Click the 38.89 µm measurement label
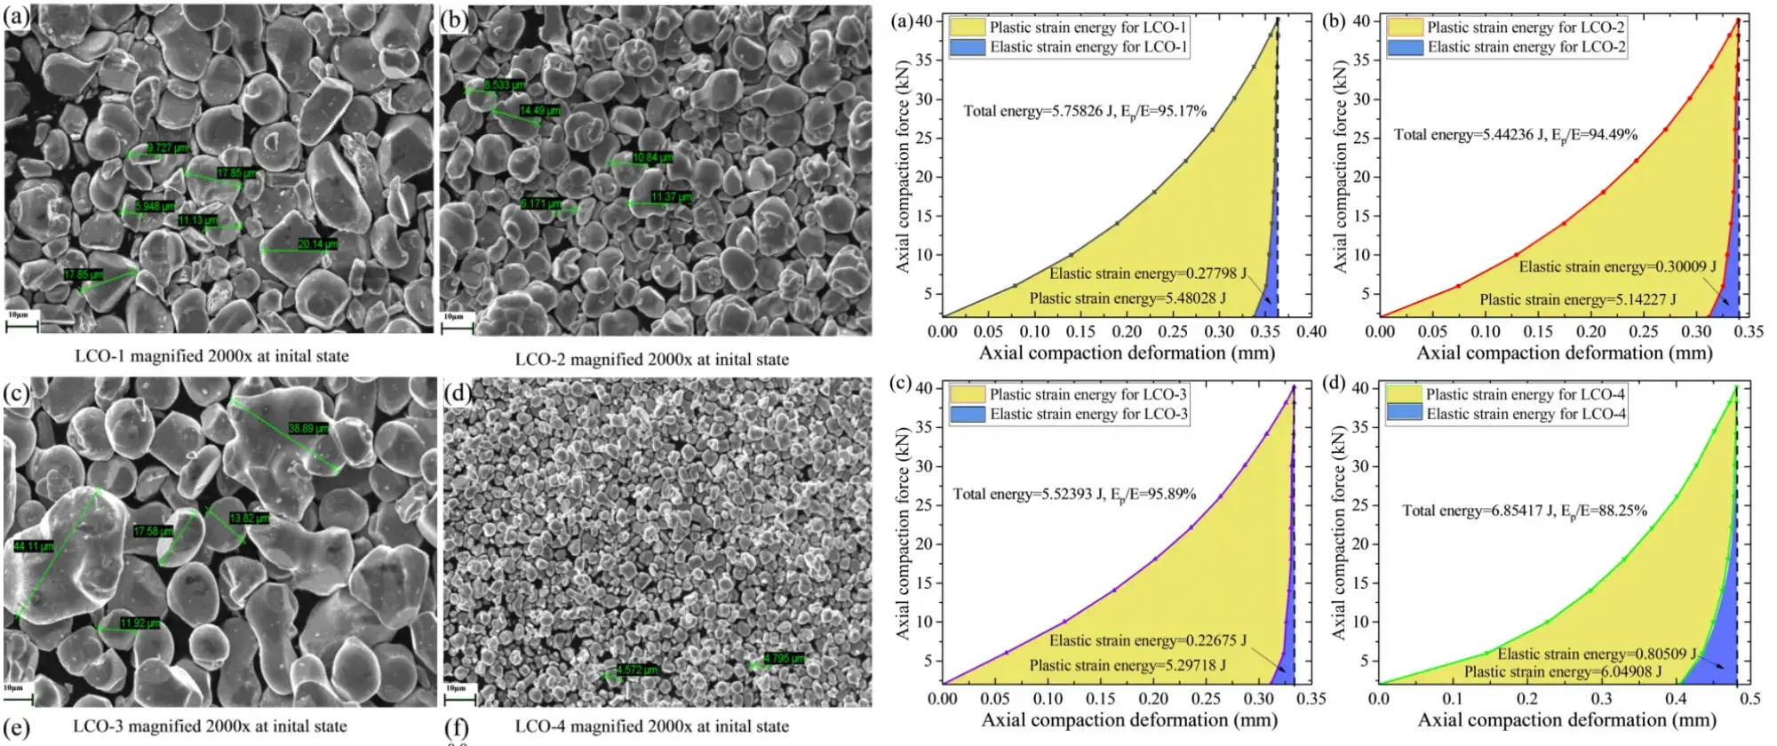(308, 429)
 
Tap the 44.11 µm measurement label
(34, 546)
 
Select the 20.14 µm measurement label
(317, 244)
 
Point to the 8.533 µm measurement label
(504, 85)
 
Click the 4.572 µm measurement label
(637, 671)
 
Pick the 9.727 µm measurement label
(167, 148)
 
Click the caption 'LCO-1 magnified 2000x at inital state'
(211, 356)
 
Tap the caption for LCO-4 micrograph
(651, 726)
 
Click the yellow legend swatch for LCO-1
(968, 28)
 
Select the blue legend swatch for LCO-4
(1404, 414)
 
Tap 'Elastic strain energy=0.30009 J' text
(1617, 266)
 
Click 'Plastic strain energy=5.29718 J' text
(1128, 665)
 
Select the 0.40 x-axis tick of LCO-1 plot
(1311, 332)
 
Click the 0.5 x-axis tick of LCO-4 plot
(1749, 699)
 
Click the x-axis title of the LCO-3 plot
(1128, 720)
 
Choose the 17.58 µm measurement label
(153, 531)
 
